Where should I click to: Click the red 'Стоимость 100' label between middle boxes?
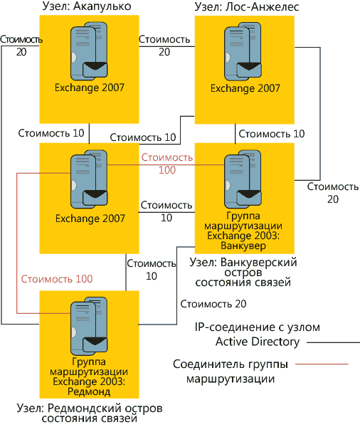tap(167, 164)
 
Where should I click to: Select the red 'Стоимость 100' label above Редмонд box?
tap(56, 278)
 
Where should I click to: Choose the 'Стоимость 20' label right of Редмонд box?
tap(214, 304)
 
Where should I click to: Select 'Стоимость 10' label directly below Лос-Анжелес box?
tap(272, 133)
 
